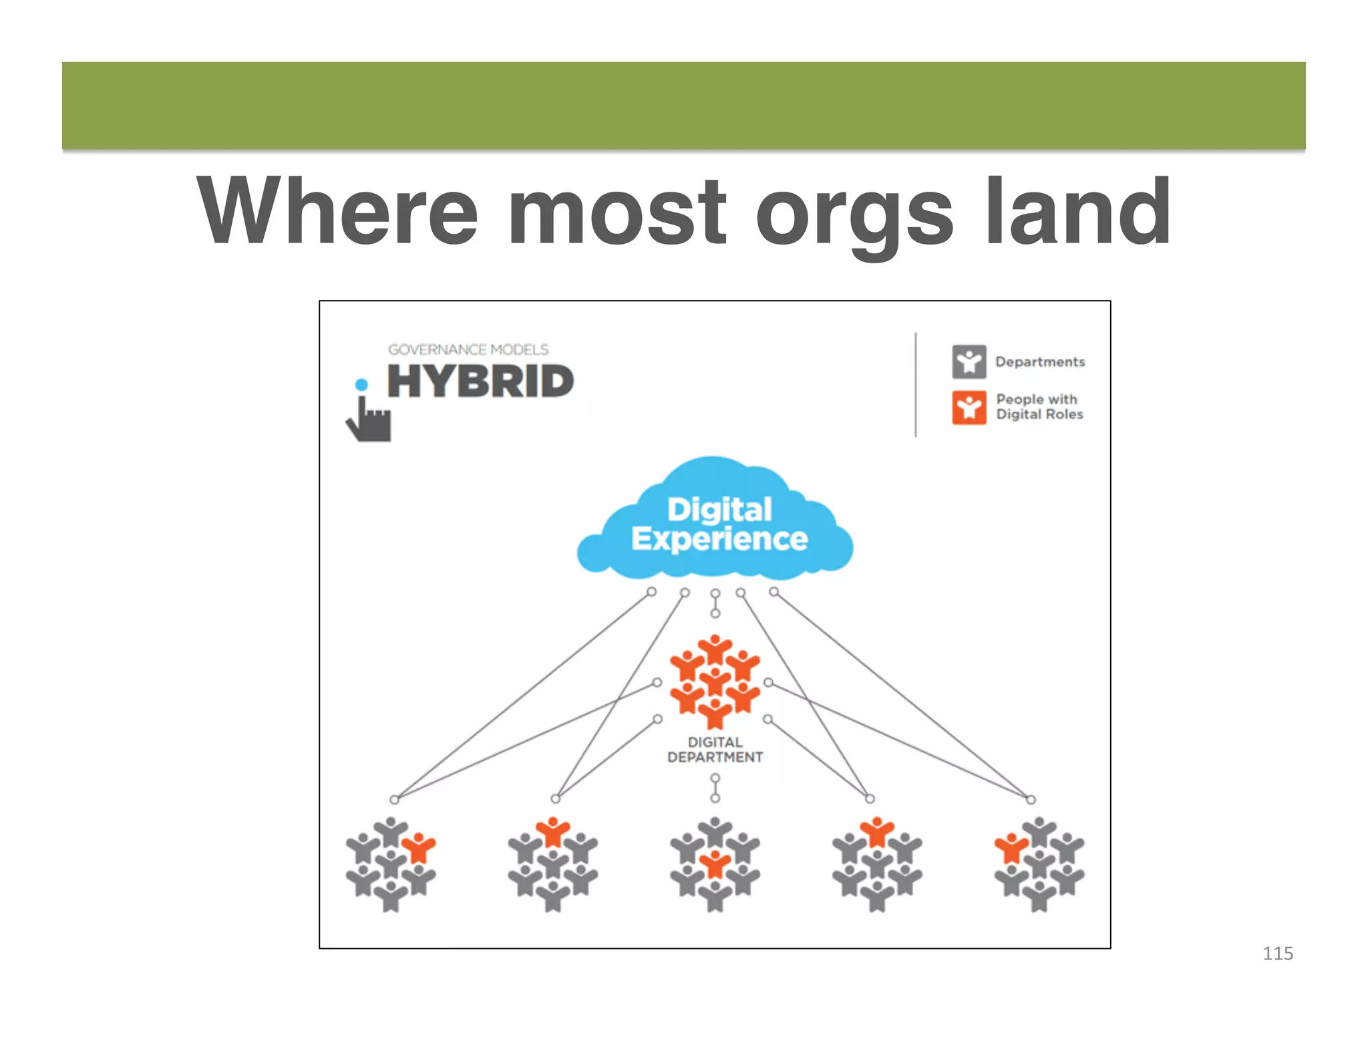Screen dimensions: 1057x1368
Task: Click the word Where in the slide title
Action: click(337, 212)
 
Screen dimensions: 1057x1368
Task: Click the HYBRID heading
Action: click(480, 382)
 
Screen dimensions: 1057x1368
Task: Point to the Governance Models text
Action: click(468, 349)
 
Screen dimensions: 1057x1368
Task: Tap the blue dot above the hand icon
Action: click(361, 384)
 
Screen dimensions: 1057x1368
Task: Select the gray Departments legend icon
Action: click(969, 361)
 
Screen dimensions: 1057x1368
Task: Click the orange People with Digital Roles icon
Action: click(969, 407)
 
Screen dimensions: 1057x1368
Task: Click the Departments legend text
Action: click(1039, 361)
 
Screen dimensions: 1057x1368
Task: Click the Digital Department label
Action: click(715, 750)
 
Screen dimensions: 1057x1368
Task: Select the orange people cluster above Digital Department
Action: click(715, 682)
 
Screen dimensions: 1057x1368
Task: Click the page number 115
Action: click(1277, 953)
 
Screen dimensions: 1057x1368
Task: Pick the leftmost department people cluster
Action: click(391, 864)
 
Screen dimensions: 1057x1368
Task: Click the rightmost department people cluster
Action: click(1039, 864)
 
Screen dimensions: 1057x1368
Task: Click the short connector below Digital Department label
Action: click(715, 788)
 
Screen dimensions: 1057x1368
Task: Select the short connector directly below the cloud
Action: click(715, 603)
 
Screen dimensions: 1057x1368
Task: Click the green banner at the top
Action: click(683, 106)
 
